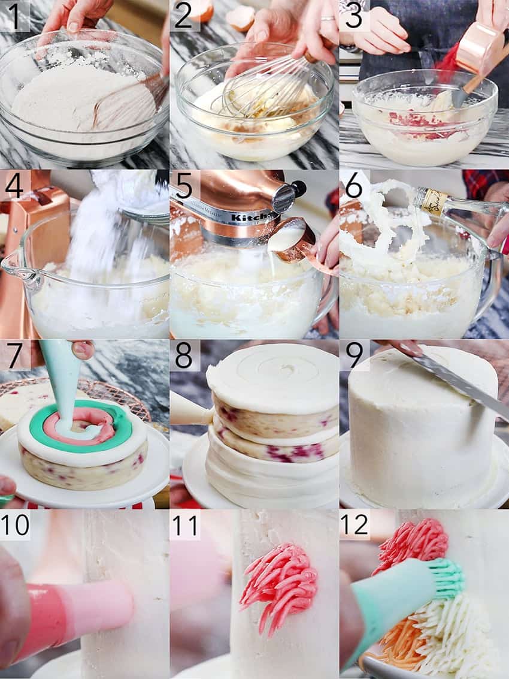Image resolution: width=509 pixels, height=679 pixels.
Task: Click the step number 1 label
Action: (x=14, y=16)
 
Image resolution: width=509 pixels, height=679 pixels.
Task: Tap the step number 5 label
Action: (x=184, y=185)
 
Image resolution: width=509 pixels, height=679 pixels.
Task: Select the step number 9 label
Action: (x=354, y=355)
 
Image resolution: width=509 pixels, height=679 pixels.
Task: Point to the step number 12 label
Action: (x=354, y=524)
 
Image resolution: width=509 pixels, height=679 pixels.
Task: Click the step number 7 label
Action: (x=14, y=355)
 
